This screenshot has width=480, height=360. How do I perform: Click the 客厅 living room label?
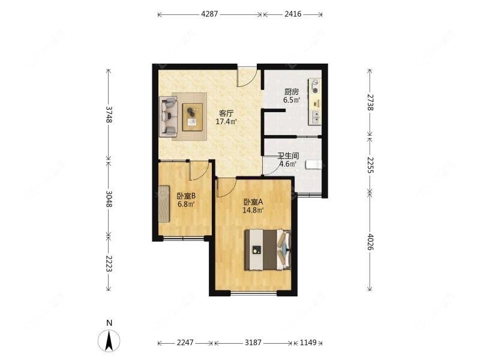(x=226, y=113)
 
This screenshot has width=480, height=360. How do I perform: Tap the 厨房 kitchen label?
(x=292, y=92)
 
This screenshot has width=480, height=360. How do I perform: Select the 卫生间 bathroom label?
(x=288, y=155)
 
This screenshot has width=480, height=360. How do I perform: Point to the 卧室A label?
(x=253, y=202)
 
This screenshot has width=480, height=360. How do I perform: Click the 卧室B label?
(x=186, y=196)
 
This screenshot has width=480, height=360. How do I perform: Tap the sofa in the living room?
(x=169, y=116)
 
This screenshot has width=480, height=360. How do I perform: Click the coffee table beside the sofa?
(x=193, y=117)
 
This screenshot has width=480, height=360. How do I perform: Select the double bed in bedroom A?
(x=268, y=250)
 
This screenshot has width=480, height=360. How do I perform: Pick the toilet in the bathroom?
(x=314, y=164)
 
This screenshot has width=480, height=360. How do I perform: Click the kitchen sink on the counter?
(x=315, y=118)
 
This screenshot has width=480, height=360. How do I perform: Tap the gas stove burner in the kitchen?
(x=315, y=86)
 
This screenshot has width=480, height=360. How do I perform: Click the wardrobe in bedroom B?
(x=164, y=203)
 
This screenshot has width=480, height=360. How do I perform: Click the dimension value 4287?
(x=209, y=14)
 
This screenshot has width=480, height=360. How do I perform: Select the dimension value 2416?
(x=293, y=14)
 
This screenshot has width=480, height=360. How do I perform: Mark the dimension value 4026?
(x=370, y=242)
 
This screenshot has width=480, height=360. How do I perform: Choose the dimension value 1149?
(x=308, y=343)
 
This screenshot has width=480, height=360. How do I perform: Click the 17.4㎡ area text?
(x=226, y=122)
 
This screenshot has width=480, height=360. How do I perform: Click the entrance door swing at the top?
(x=247, y=77)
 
